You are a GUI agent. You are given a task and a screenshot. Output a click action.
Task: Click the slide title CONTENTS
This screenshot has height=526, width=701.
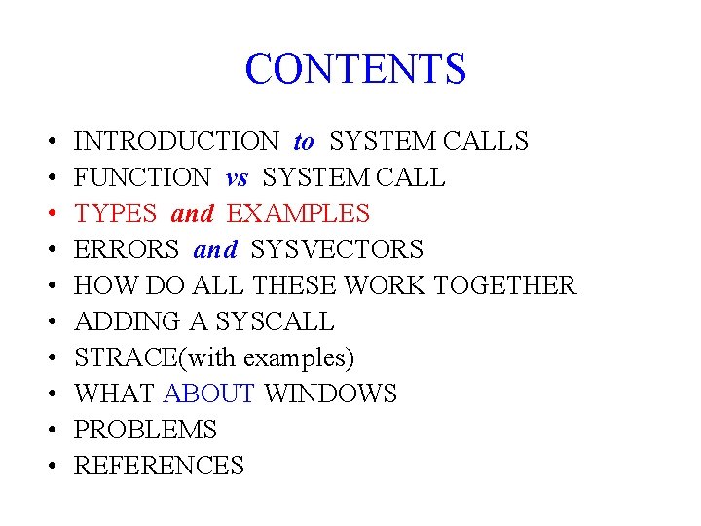tap(355, 69)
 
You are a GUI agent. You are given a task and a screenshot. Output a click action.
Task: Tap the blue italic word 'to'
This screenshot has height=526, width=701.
tap(304, 142)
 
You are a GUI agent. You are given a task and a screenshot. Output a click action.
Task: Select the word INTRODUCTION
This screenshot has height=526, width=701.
tap(176, 142)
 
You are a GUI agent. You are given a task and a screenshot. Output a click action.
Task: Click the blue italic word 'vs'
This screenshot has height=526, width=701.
tap(237, 178)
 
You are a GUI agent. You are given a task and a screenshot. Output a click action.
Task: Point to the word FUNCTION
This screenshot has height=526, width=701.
tap(142, 178)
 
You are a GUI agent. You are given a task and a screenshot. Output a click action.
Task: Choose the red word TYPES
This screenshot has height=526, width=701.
tap(115, 214)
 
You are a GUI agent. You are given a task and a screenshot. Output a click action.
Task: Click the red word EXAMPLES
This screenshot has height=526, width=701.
tap(298, 214)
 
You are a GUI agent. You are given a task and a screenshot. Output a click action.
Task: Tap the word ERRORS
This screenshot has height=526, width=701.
tap(127, 250)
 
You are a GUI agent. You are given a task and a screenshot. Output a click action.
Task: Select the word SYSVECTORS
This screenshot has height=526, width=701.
tap(337, 250)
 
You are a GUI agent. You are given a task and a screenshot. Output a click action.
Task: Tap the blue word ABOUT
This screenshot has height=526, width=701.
tap(209, 394)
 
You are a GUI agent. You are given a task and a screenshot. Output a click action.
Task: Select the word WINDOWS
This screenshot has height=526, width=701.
tap(330, 394)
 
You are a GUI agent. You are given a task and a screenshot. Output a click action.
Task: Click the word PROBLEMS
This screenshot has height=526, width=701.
tap(145, 431)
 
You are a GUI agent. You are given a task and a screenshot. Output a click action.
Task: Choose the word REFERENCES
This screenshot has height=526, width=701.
tap(159, 467)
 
